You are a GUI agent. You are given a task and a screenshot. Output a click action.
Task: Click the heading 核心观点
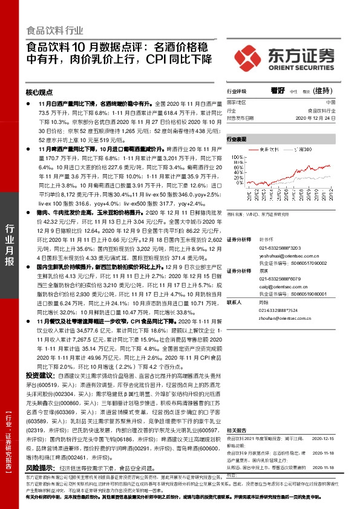[x=40, y=94]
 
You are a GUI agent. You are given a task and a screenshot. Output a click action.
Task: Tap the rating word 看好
[x=278, y=91]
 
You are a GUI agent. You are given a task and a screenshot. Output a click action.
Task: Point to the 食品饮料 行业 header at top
[x=55, y=31]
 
